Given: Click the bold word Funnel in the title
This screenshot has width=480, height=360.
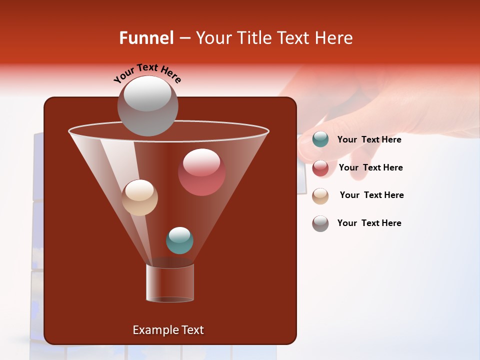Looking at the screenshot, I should click(x=146, y=38).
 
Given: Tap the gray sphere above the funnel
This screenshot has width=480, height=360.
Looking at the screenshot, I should click(x=147, y=105).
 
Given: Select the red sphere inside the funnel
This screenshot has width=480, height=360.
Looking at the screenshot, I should click(x=201, y=172).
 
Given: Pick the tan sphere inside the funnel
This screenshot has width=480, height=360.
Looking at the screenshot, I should click(x=140, y=197).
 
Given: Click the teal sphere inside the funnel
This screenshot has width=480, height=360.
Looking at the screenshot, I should click(x=179, y=240).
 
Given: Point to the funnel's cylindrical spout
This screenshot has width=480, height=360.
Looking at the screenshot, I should click(x=170, y=283).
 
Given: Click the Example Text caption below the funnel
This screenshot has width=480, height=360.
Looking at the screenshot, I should click(x=168, y=330).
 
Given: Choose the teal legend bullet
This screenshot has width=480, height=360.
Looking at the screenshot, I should click(x=320, y=139).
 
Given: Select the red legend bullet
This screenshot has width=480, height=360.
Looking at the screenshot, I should click(x=320, y=168).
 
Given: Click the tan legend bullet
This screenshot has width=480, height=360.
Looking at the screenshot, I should click(x=320, y=195).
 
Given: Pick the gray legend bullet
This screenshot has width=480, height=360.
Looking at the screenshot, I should click(x=320, y=223).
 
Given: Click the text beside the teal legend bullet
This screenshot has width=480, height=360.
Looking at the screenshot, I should click(x=369, y=140).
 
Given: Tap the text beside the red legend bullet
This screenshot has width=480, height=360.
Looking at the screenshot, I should click(x=370, y=168).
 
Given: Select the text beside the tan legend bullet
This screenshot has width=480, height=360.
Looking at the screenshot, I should click(x=371, y=195).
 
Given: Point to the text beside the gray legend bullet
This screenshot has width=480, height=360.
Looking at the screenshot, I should click(x=369, y=223).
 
